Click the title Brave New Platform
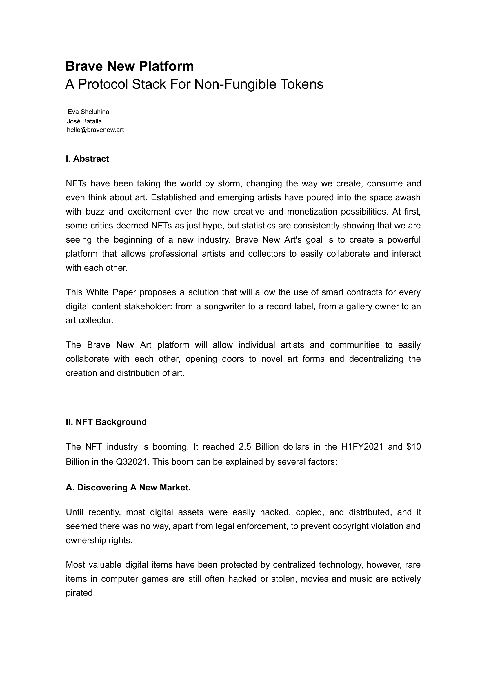[130, 66]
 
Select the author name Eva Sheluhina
[88, 112]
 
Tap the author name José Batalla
[84, 121]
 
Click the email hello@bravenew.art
[95, 130]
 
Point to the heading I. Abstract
[87, 159]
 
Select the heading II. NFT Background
[106, 422]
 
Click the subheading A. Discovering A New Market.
[128, 488]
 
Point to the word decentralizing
[376, 359]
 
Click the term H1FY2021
[362, 447]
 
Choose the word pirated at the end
[80, 593]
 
